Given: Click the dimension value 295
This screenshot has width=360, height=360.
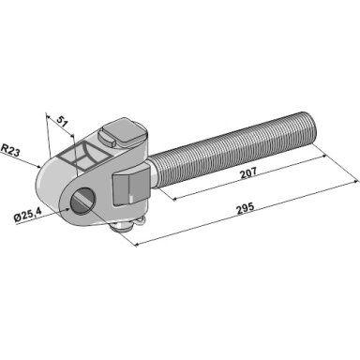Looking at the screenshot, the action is (247, 209).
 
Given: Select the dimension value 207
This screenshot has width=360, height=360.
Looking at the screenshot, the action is (248, 172).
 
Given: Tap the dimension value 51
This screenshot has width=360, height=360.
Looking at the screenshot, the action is (63, 121).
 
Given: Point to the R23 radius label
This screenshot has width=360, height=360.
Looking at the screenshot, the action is (10, 150).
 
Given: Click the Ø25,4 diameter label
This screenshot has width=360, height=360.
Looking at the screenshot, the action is (27, 215).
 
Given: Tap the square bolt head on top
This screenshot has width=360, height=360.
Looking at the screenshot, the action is (126, 132).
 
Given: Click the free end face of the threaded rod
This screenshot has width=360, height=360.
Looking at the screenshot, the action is (312, 128).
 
